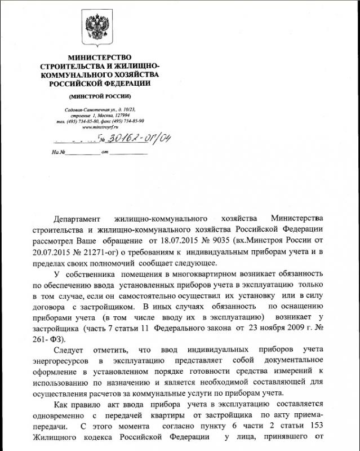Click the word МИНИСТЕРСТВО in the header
(x=99, y=58)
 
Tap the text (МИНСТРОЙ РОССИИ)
(x=99, y=96)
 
